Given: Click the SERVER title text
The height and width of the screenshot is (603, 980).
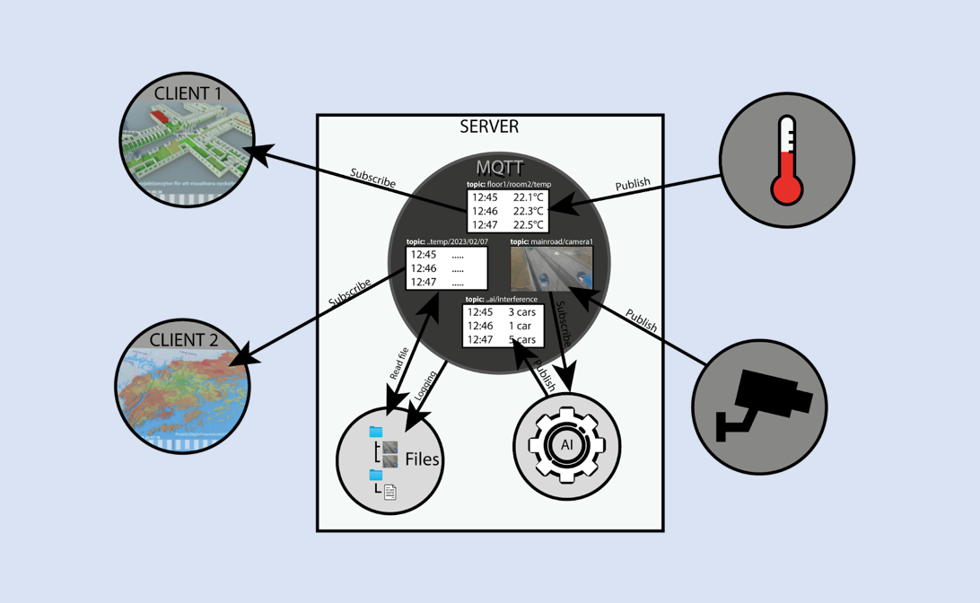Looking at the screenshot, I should tap(489, 127).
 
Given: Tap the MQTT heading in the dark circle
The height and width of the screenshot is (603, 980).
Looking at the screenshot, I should tap(500, 167).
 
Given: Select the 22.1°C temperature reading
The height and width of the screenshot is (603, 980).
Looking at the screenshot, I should tap(528, 197).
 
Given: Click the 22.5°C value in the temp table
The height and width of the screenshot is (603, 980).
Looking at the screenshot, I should tap(528, 225).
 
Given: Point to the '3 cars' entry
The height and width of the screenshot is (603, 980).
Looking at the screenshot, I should tap(521, 312).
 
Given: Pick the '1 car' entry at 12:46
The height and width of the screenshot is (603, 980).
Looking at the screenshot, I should tap(520, 326).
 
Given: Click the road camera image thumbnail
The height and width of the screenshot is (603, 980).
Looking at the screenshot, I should tap(551, 268).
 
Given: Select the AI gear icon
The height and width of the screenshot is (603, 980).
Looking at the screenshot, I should tap(566, 445).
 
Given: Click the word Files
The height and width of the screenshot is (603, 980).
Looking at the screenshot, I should tap(422, 459).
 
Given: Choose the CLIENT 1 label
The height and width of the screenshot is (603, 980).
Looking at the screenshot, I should tap(188, 93).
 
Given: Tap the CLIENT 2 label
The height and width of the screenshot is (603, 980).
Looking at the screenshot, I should tap(183, 340).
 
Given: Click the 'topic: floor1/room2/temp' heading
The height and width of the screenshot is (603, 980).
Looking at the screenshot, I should tap(508, 185).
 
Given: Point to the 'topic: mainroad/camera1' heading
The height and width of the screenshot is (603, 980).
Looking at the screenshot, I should tap(551, 242).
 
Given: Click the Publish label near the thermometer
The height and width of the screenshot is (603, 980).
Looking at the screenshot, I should tap(633, 184).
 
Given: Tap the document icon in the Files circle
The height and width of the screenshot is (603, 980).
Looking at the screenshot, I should tap(389, 492).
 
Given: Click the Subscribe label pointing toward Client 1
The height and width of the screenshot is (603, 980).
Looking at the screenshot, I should tap(373, 178).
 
